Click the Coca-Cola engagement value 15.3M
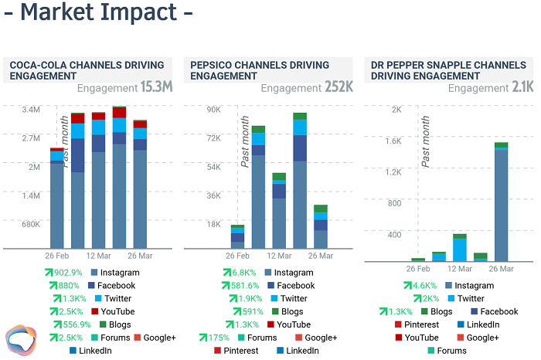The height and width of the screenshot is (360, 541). [x=156, y=88]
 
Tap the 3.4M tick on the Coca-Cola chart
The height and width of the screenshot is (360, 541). [x=30, y=110]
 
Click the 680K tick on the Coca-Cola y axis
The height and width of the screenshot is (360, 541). [x=30, y=224]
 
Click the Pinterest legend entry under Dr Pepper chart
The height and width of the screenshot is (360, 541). [x=421, y=324]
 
